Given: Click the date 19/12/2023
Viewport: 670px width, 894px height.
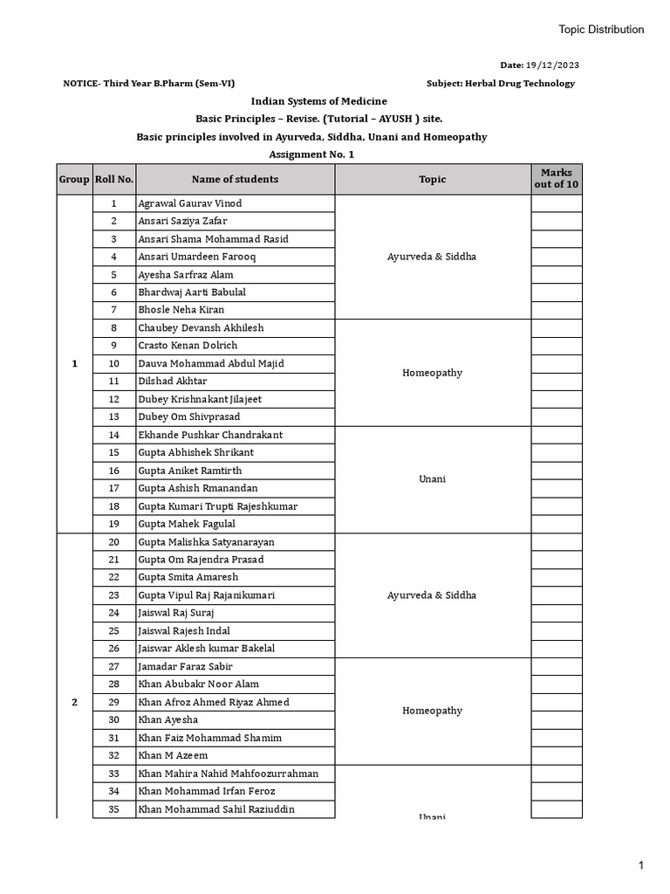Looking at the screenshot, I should (x=552, y=65).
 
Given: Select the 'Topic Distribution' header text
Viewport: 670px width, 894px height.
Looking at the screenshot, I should (x=601, y=30).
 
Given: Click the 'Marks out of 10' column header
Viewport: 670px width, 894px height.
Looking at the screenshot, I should (x=557, y=179).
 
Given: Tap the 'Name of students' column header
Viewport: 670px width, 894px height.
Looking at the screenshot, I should (x=235, y=179).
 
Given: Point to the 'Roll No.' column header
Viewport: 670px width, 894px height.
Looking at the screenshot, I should (x=113, y=179).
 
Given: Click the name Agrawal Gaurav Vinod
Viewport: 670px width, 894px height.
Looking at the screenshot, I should (x=189, y=203).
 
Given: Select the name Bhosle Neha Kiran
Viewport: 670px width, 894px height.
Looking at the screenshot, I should (x=181, y=310).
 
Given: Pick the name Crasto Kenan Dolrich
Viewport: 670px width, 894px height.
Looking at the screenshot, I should (x=187, y=346).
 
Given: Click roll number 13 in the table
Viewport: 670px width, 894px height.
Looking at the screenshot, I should (x=113, y=417).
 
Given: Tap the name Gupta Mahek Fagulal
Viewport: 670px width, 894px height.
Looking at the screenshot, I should (x=186, y=524).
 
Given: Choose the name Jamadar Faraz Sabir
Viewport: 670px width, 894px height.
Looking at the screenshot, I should (x=185, y=666).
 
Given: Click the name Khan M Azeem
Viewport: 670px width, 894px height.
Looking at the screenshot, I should (x=173, y=755).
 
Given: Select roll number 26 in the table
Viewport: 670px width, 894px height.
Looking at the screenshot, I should (x=113, y=649).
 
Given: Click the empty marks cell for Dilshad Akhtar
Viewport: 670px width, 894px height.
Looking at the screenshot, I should (x=557, y=382).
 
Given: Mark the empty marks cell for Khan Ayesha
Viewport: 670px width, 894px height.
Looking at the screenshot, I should (x=557, y=719).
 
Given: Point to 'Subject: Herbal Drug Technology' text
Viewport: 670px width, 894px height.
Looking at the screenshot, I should (x=501, y=84).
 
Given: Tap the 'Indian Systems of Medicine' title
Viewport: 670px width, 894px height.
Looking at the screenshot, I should (x=318, y=101).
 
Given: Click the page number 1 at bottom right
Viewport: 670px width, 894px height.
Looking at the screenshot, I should (x=639, y=865).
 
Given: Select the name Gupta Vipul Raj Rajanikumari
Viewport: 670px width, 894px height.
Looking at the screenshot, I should (x=206, y=595).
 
